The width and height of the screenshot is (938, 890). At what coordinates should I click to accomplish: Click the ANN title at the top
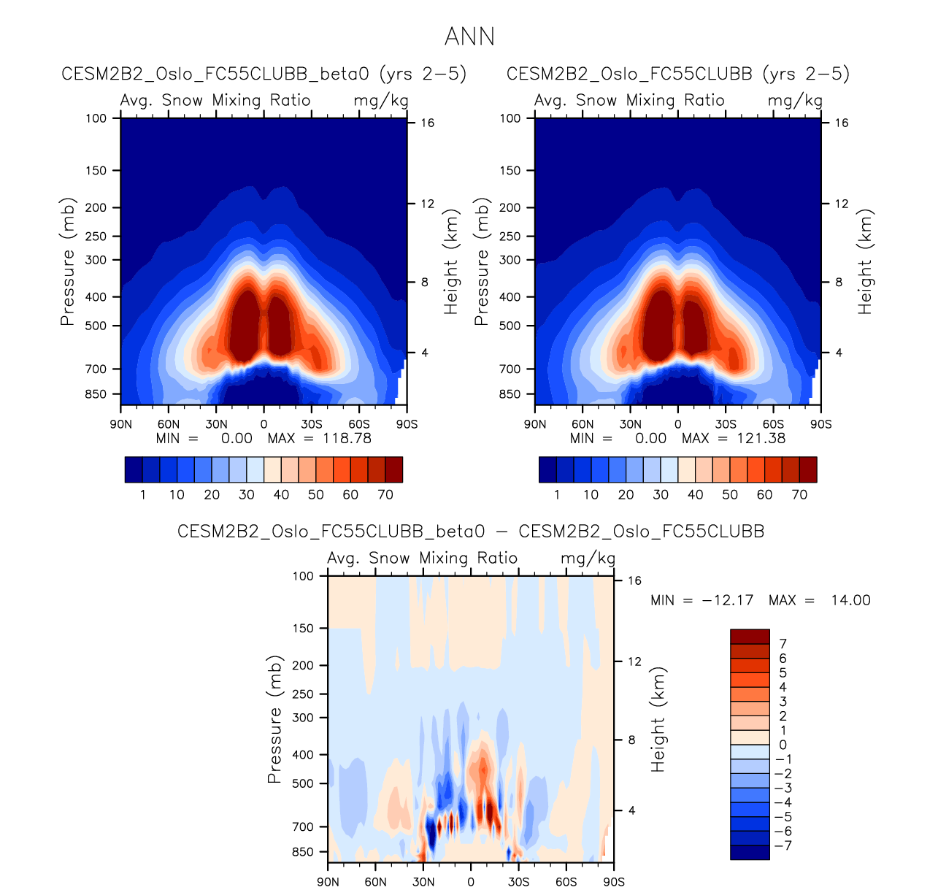(469, 37)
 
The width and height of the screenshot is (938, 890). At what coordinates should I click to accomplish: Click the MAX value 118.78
(347, 438)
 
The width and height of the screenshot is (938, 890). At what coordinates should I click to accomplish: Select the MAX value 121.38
(761, 438)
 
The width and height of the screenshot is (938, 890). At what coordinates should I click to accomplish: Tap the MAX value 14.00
(850, 600)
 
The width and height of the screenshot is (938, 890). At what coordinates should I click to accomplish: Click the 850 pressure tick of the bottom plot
(303, 852)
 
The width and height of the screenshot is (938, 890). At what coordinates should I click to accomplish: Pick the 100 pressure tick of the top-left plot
(96, 118)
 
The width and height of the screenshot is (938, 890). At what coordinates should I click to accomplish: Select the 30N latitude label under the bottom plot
(423, 881)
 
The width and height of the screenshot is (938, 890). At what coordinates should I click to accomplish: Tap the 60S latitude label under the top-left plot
(359, 423)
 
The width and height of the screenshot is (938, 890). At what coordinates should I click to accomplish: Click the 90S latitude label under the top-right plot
(820, 423)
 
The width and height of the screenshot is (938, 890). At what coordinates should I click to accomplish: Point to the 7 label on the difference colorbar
(783, 644)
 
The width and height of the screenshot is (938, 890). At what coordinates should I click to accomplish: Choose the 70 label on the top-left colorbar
(385, 494)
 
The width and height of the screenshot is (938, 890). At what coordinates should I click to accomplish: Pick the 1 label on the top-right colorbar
(557, 494)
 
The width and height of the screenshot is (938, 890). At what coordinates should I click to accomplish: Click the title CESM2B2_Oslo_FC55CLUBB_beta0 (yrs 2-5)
(264, 74)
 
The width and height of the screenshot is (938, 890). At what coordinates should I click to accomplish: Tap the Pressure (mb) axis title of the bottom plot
(274, 719)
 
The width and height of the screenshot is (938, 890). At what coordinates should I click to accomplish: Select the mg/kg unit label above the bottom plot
(588, 559)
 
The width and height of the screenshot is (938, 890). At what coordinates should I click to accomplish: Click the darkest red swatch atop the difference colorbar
(750, 637)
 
